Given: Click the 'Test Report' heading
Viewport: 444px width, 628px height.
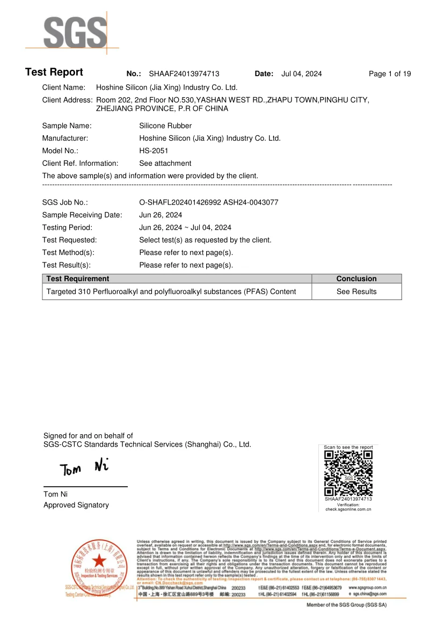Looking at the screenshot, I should [54, 72].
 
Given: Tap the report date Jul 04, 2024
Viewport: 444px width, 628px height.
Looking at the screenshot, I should [301, 74].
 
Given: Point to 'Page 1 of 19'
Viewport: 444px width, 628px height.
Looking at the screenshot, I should [390, 74].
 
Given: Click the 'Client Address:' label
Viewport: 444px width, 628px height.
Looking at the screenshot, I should [68, 100].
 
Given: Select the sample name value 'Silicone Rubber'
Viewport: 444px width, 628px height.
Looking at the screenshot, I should [165, 126].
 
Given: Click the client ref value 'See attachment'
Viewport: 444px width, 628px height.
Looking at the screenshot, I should [165, 163].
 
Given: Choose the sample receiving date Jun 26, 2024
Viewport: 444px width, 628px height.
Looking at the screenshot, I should [161, 215].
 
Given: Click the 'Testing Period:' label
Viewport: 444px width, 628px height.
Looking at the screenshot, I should [67, 228].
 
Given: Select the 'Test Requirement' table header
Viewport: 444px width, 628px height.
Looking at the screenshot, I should [78, 279].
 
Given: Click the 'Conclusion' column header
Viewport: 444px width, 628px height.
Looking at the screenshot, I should [356, 279].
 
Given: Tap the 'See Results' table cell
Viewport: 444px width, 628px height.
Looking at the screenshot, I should [356, 291].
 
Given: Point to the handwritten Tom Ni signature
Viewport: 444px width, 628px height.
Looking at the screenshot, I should [85, 468].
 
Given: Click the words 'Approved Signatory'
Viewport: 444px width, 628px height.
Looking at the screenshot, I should [76, 505].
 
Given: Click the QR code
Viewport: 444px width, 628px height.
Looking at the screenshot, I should [348, 473].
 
